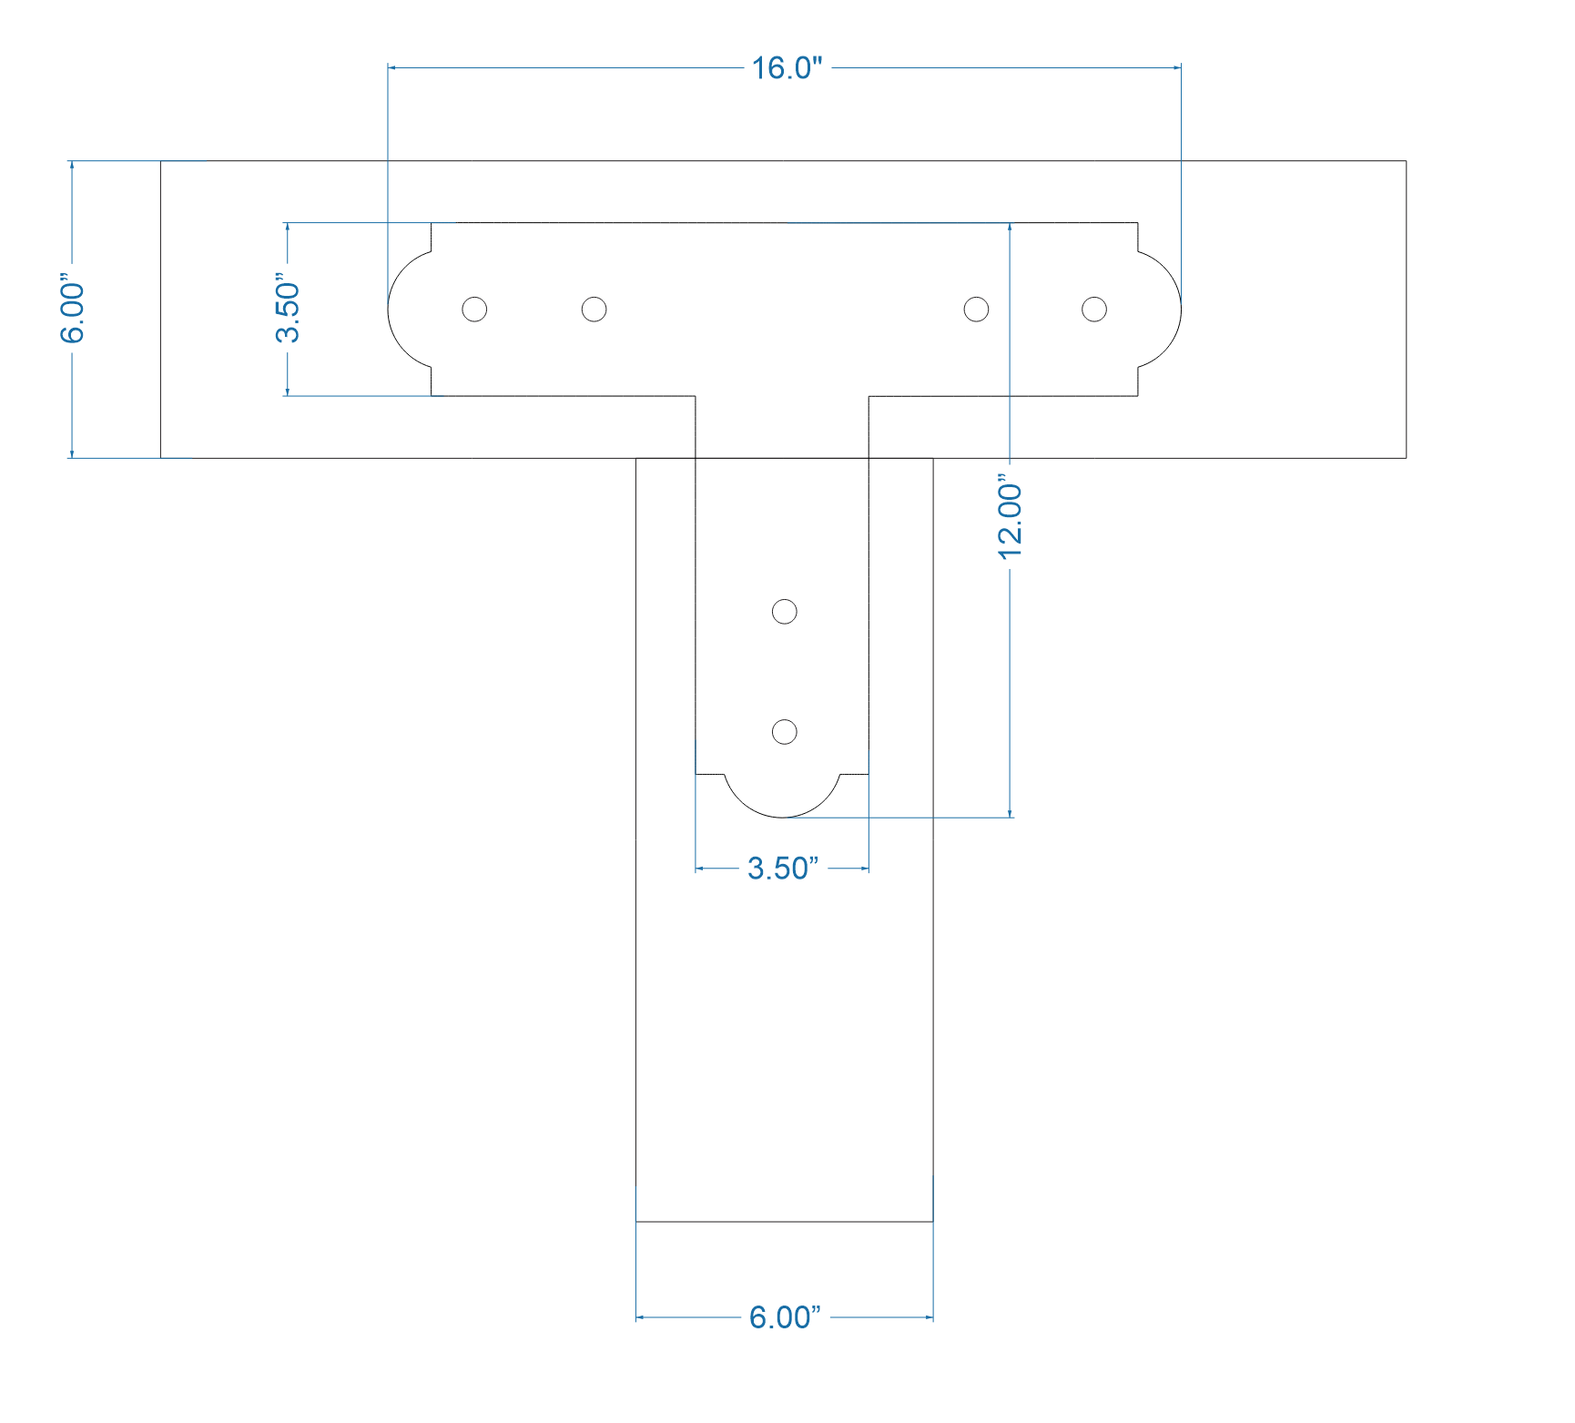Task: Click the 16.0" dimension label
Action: [787, 68]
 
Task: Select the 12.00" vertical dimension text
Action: [1011, 515]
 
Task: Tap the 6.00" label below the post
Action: [785, 1317]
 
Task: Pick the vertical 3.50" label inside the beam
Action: [288, 311]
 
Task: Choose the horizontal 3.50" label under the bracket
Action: [783, 869]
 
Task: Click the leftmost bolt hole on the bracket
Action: [474, 310]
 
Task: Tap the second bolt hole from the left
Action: [594, 310]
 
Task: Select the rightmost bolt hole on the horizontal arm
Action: [1094, 310]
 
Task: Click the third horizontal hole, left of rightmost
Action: [976, 310]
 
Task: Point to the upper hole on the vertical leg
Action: [784, 612]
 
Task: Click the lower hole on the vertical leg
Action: [784, 732]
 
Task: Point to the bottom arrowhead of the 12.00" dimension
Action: [1011, 813]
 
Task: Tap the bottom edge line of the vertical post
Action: [784, 1222]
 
